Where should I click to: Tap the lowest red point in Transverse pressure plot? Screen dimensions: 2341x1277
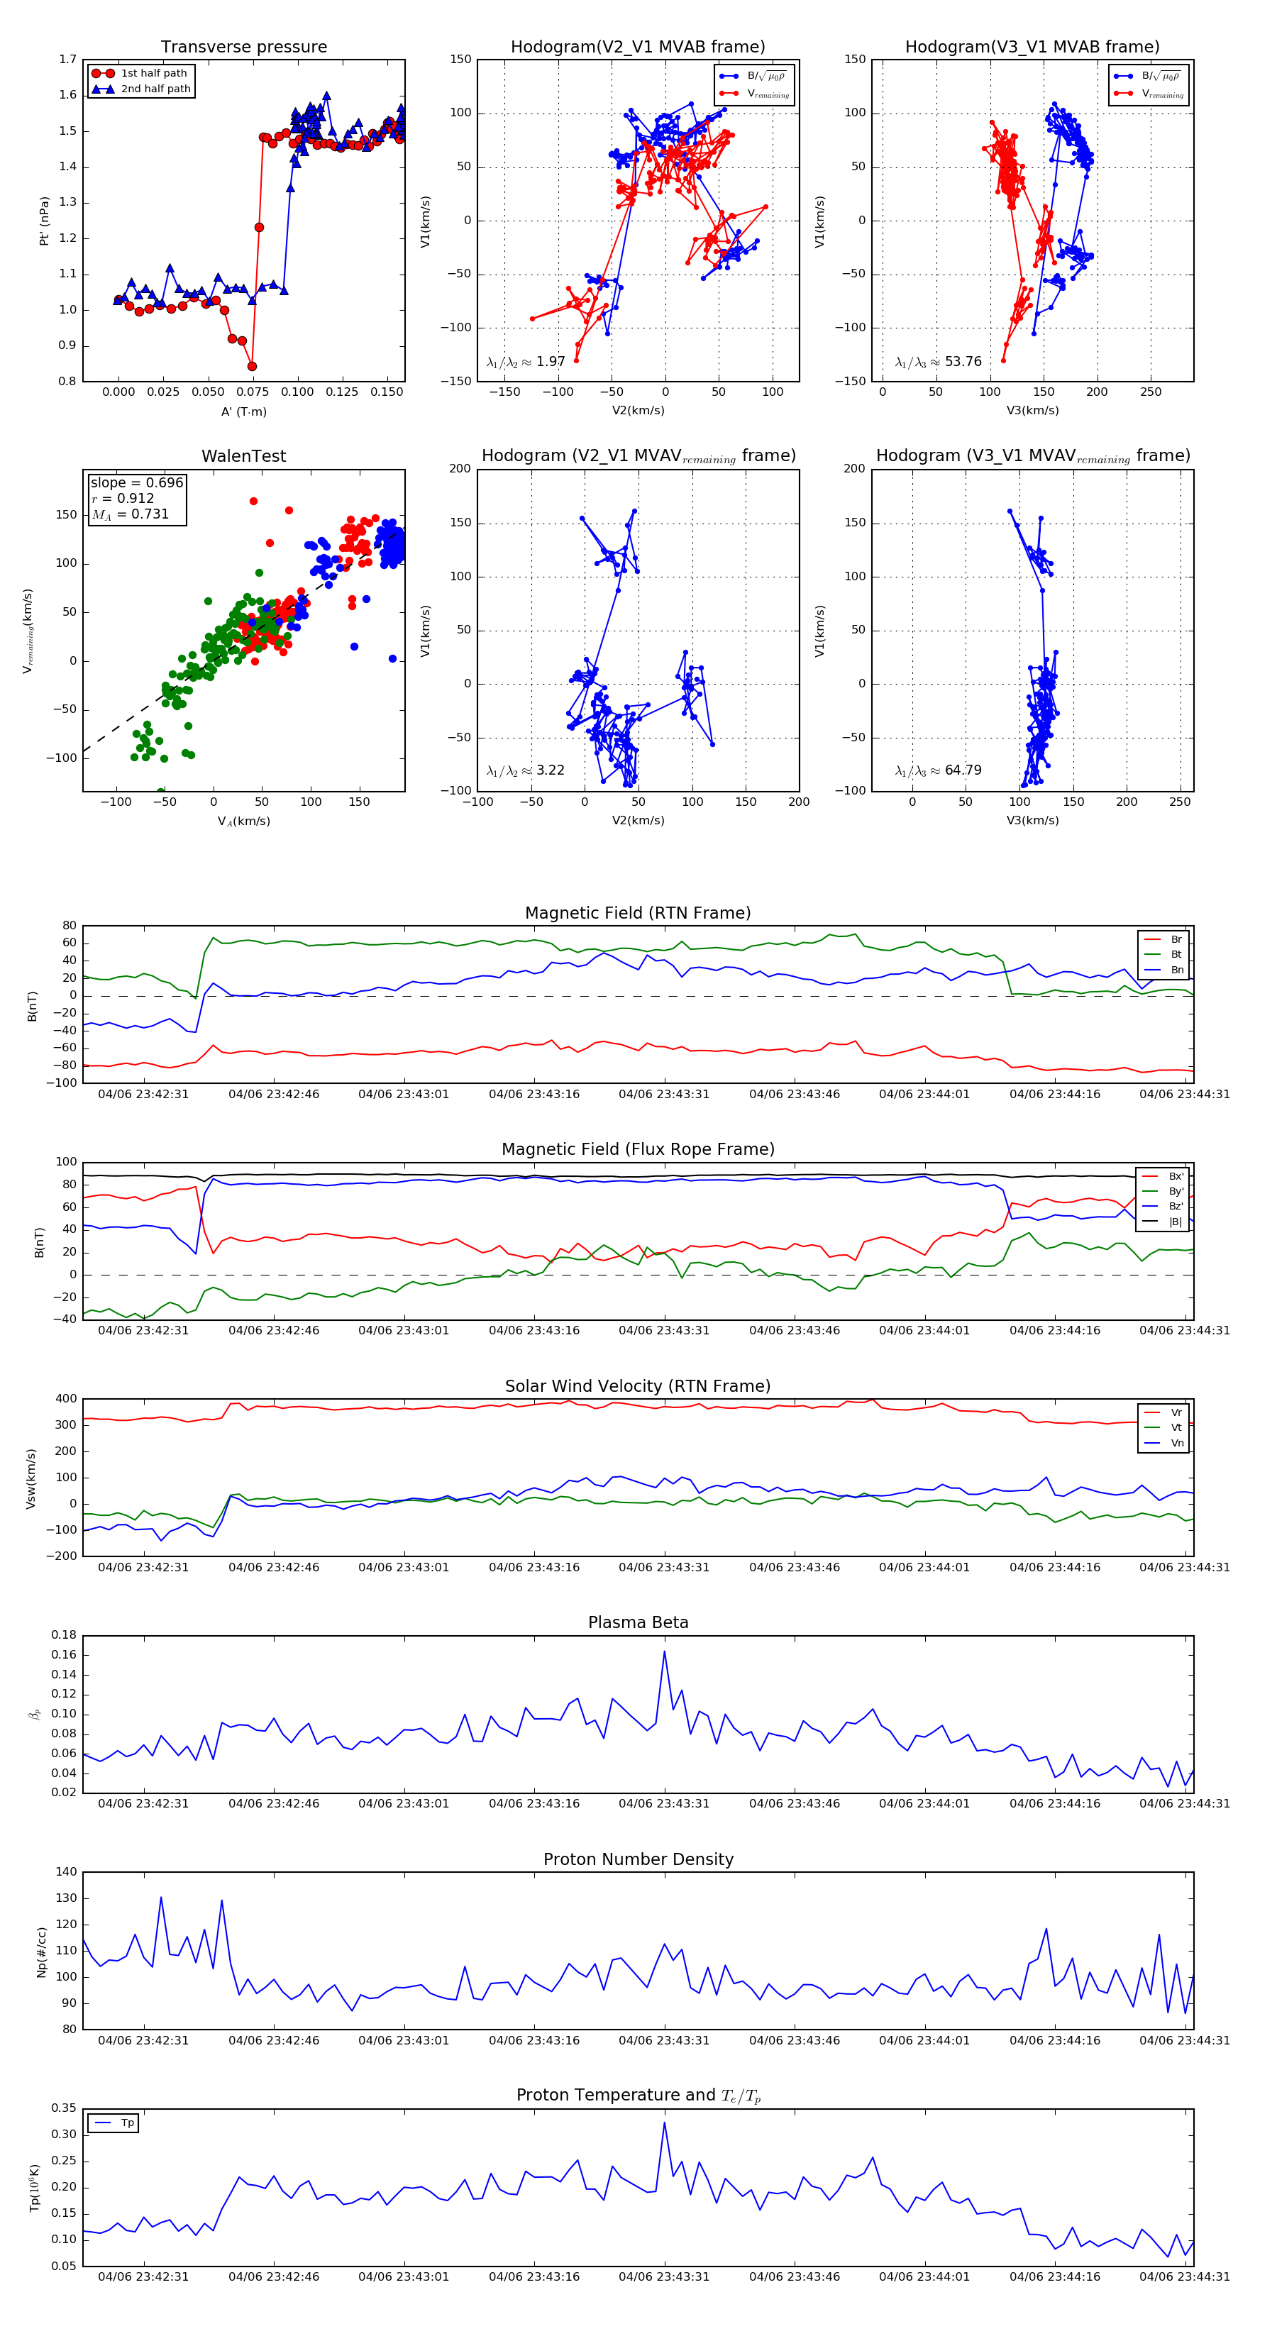pyautogui.click(x=252, y=366)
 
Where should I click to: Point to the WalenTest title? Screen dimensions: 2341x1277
pyautogui.click(x=243, y=456)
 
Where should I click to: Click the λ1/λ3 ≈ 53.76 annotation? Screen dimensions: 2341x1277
pyautogui.click(x=938, y=362)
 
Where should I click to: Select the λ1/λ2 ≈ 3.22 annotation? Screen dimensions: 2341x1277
pyautogui.click(x=525, y=770)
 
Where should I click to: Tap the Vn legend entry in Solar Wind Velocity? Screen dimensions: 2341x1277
pyautogui.click(x=1176, y=1443)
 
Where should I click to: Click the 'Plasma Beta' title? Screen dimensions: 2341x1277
pyautogui.click(x=638, y=1622)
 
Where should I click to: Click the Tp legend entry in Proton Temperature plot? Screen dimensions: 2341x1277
pyautogui.click(x=126, y=2123)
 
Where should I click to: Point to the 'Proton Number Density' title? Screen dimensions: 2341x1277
pyautogui.click(x=638, y=1859)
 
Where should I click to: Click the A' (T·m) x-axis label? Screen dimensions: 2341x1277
pyautogui.click(x=243, y=411)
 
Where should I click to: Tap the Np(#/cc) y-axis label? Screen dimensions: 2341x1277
pyautogui.click(x=41, y=1951)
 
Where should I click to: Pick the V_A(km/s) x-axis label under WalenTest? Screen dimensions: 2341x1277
pyautogui.click(x=243, y=821)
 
